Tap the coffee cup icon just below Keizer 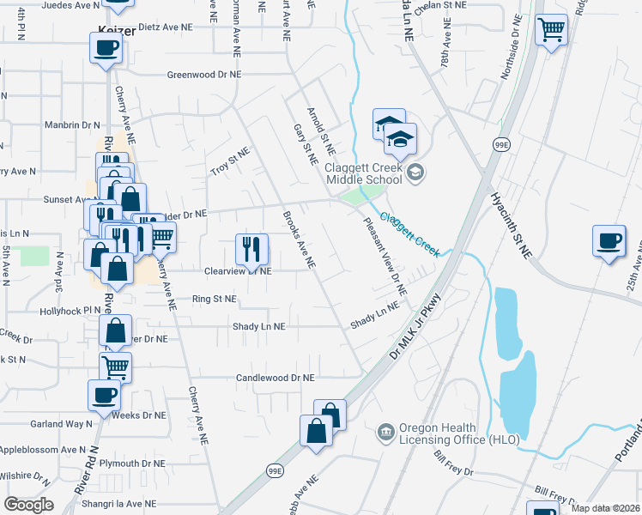(x=106, y=48)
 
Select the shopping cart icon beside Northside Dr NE (x=550, y=31)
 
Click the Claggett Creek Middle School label (x=363, y=173)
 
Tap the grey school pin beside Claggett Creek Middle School (x=415, y=173)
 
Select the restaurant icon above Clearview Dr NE (x=251, y=250)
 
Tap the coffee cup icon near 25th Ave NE (x=609, y=241)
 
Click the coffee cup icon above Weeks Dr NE (x=104, y=396)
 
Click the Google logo (x=28, y=504)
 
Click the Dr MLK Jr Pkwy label (x=415, y=327)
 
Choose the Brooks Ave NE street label (x=300, y=241)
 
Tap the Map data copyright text (x=606, y=508)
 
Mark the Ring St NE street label (x=214, y=300)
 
